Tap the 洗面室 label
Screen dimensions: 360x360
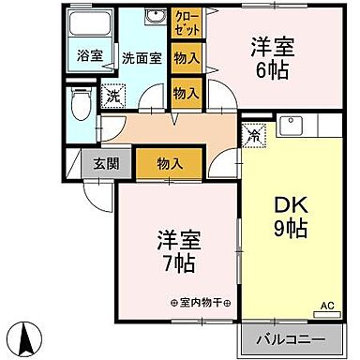click(x=142, y=57)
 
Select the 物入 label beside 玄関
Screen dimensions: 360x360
click(x=169, y=164)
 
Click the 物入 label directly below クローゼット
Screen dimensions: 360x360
click(x=187, y=58)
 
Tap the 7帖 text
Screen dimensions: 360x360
click(x=176, y=263)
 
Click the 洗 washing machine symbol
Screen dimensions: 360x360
click(x=112, y=94)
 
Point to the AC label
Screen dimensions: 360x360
click(x=328, y=306)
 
